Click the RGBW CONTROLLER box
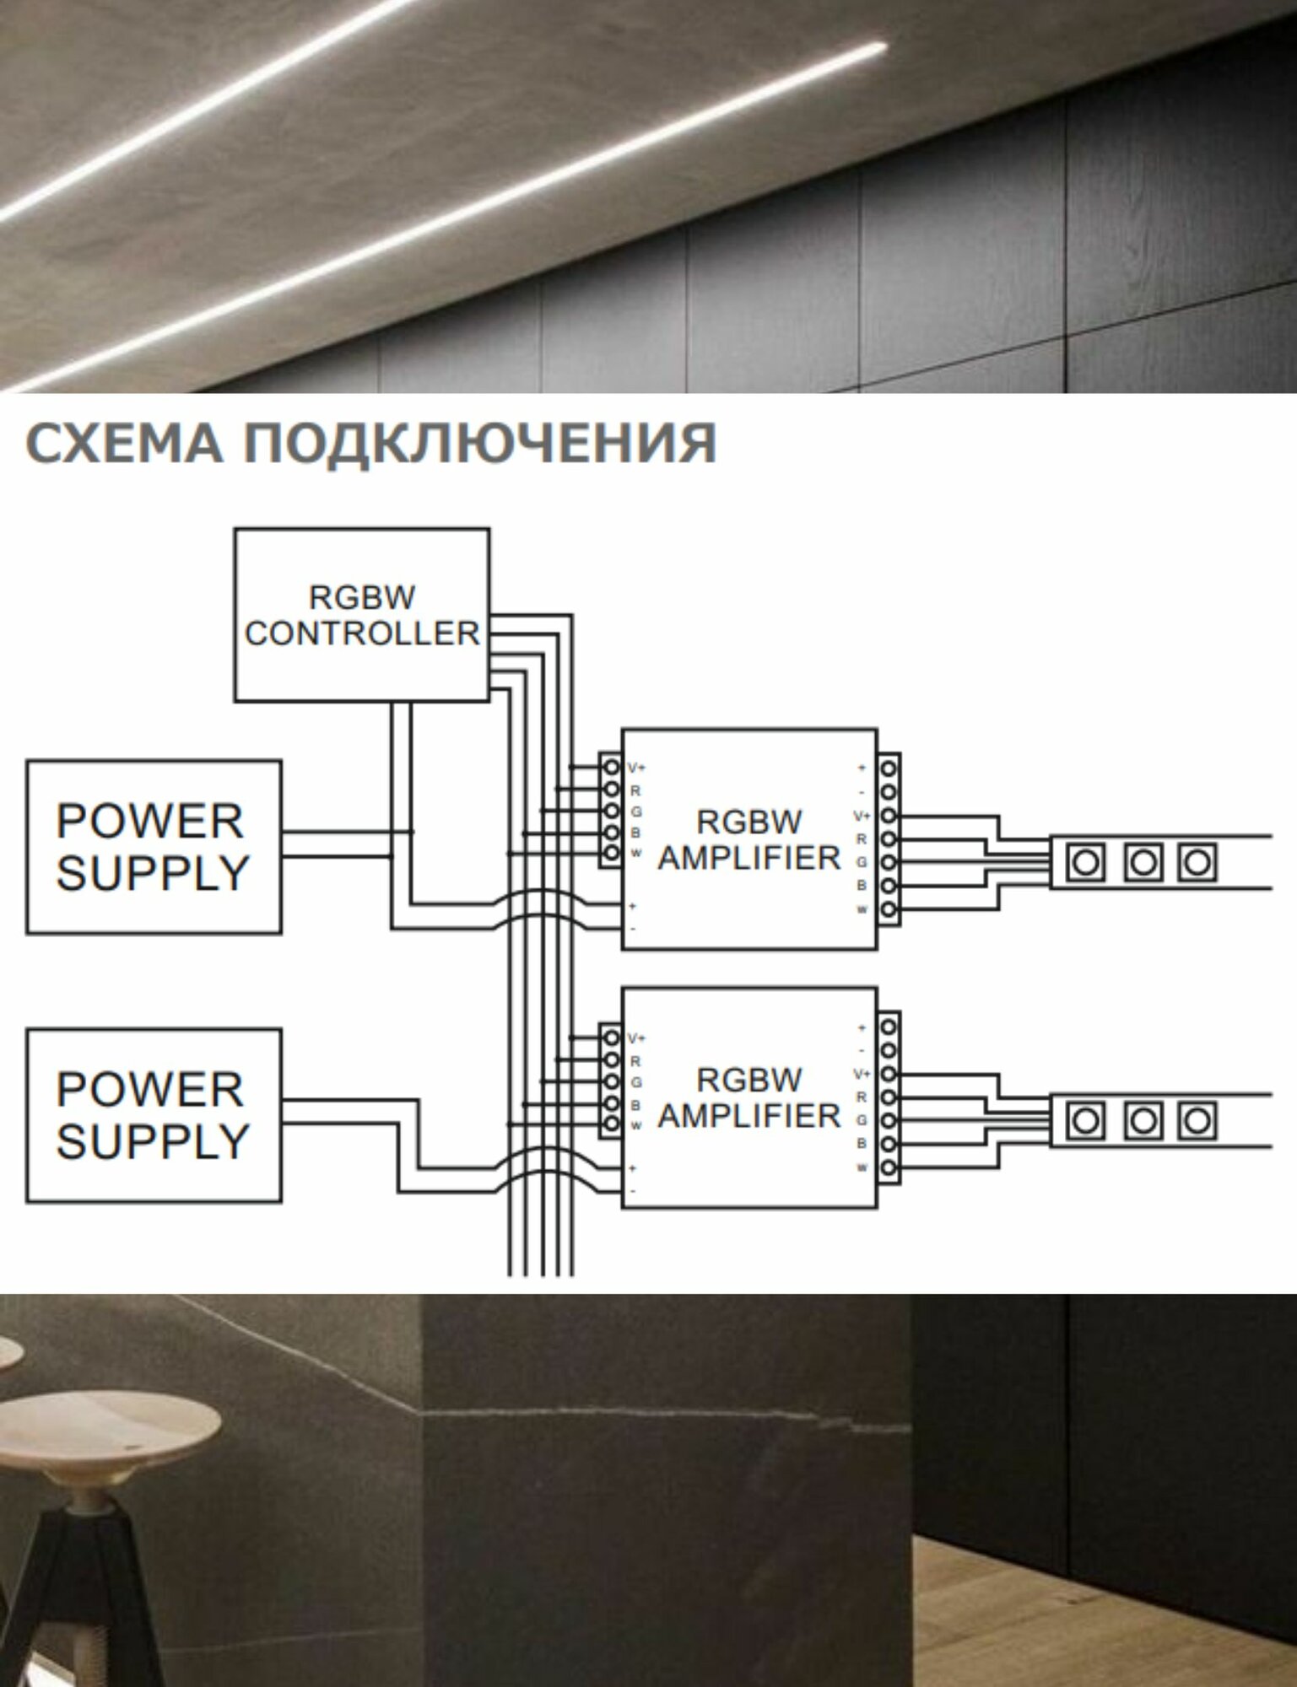click(x=361, y=614)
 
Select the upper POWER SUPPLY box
click(x=153, y=846)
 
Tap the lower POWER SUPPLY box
click(x=153, y=1114)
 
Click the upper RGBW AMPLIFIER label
click(x=749, y=840)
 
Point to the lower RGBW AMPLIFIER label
click(x=749, y=1098)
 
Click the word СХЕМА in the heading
click(x=125, y=442)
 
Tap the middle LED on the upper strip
click(x=1143, y=863)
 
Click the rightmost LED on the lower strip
click(x=1197, y=1121)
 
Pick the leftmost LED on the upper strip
click(x=1086, y=863)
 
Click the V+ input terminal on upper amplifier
click(x=611, y=768)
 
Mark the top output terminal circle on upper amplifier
click(x=888, y=768)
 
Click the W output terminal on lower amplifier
click(x=888, y=1169)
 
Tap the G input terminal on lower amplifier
click(x=611, y=1082)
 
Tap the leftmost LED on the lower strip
click(x=1086, y=1121)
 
